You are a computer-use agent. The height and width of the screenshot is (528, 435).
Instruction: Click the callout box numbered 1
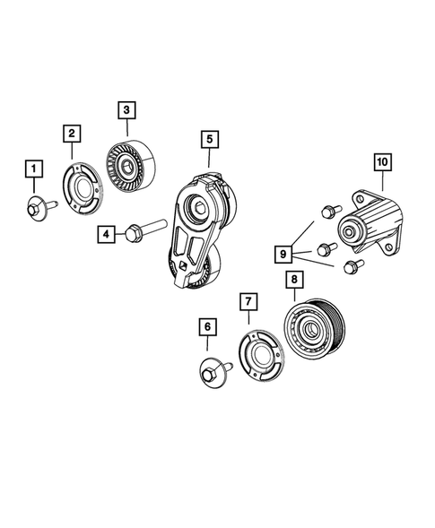pos(32,169)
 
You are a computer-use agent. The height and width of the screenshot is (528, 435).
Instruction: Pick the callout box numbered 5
pos(207,139)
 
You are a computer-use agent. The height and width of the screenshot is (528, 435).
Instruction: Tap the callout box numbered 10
pos(382,162)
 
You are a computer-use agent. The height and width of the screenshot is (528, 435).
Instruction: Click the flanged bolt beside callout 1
pos(38,206)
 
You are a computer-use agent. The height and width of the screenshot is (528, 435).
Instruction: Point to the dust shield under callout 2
pos(83,186)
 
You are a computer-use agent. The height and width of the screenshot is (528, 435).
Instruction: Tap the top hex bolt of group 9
pos(327,211)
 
